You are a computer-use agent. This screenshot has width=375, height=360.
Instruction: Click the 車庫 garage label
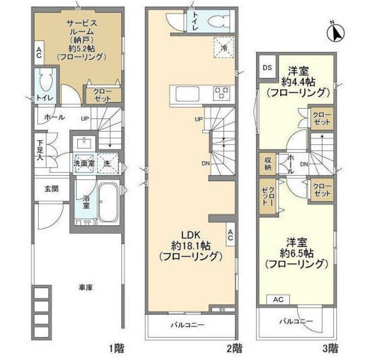coord(85,288)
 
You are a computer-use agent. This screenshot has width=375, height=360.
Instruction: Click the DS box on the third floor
coord(267,67)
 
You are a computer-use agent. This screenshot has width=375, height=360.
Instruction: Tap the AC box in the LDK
coord(230,235)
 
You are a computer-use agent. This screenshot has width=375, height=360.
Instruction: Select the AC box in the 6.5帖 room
coord(278,300)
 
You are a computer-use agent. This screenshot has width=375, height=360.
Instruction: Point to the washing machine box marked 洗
coord(107,164)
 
